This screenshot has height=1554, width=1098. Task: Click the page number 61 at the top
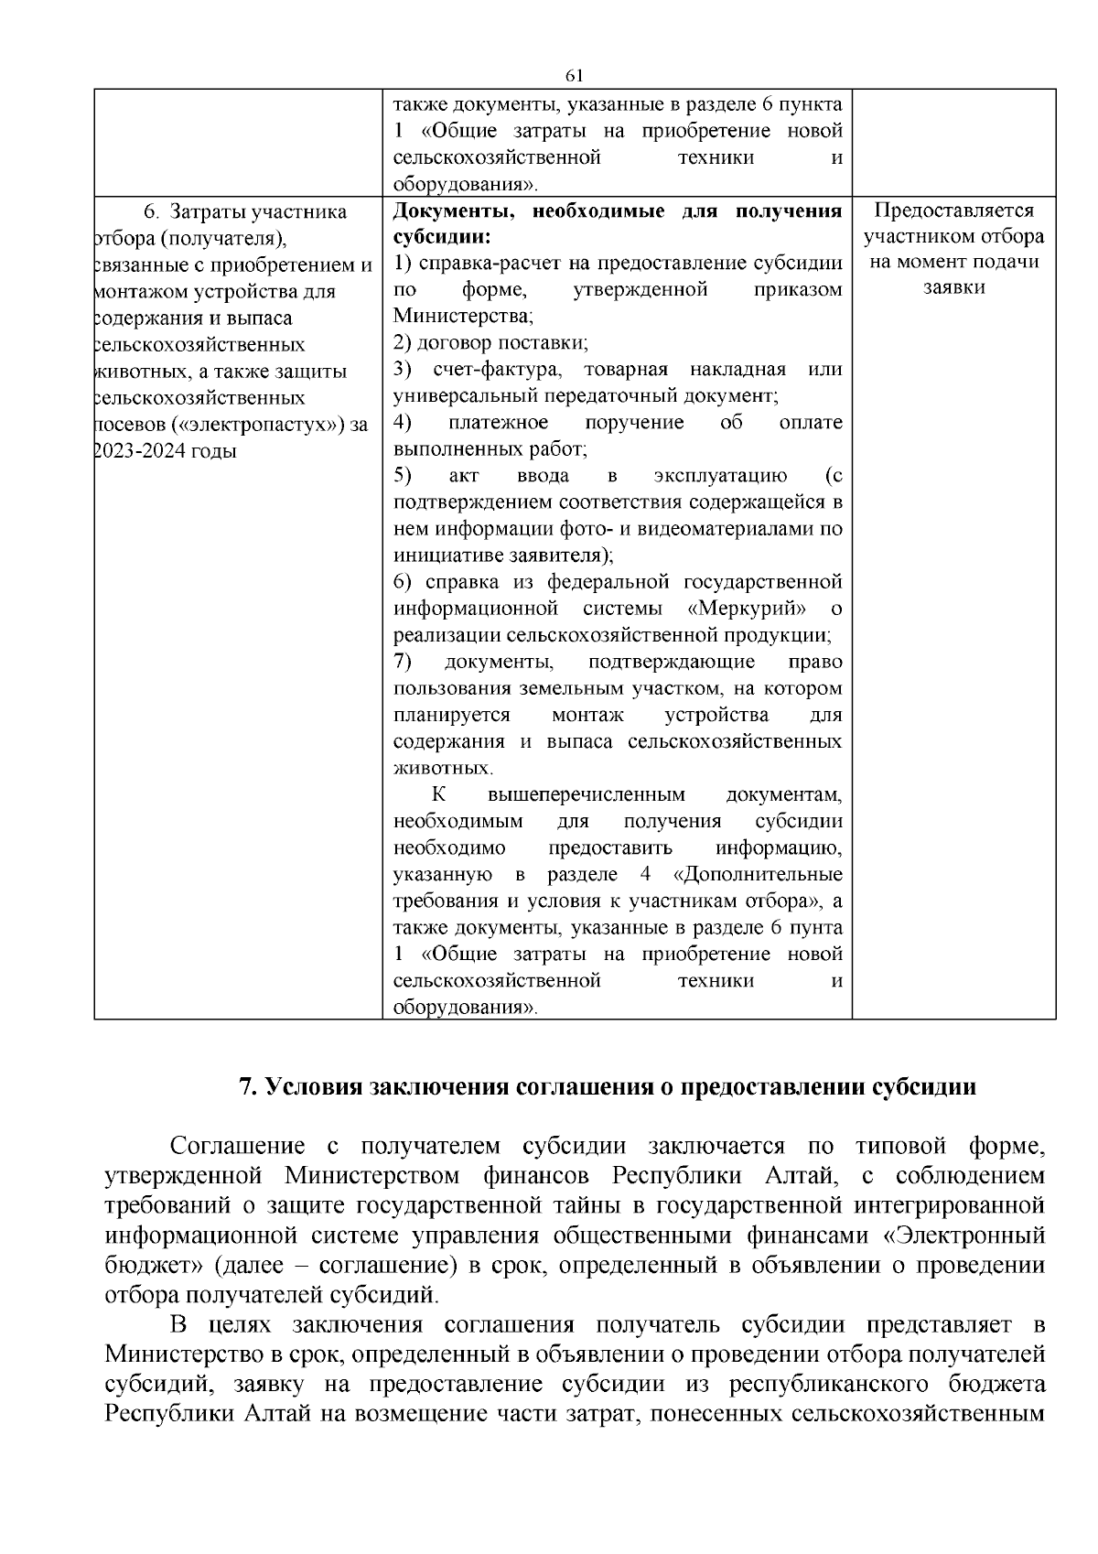tap(575, 75)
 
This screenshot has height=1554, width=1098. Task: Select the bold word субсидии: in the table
tap(443, 237)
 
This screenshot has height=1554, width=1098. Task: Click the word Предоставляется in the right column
tap(953, 210)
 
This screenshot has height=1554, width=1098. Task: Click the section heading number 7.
tap(245, 1087)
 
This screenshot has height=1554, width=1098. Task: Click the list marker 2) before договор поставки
tap(403, 343)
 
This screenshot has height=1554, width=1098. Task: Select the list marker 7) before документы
tap(403, 662)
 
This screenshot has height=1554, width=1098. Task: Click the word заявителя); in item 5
tap(559, 556)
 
